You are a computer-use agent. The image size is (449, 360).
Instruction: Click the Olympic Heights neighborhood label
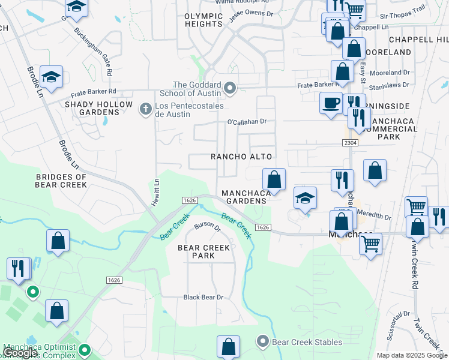coord(203,20)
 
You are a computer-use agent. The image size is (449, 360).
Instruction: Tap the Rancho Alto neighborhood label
coord(241,157)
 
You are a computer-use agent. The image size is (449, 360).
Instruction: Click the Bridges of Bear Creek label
coord(61,181)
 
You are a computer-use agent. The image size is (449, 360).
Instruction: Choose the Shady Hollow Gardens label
coord(98,108)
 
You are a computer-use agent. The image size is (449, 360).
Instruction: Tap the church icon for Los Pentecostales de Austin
coord(145,109)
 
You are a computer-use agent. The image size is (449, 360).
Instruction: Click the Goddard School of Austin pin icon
coord(229,89)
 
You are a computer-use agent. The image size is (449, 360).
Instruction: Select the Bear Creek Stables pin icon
coord(262,342)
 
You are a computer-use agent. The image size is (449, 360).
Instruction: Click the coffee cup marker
coord(331,103)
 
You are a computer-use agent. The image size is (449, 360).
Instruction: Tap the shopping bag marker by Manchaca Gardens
coord(274,179)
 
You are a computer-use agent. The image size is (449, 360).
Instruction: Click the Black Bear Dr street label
coord(203,297)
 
